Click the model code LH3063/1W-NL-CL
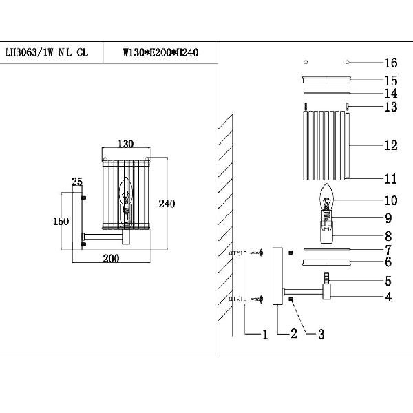(46, 52)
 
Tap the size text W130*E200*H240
(160, 52)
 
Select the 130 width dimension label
(125, 145)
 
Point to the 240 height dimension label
(167, 204)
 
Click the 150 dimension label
(62, 222)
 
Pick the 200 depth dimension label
(111, 258)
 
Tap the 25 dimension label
(77, 182)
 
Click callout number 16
(391, 63)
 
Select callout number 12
(391, 146)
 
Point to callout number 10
(391, 201)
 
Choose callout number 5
(388, 281)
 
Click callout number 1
(264, 335)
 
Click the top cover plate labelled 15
(328, 81)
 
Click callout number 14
(391, 93)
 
